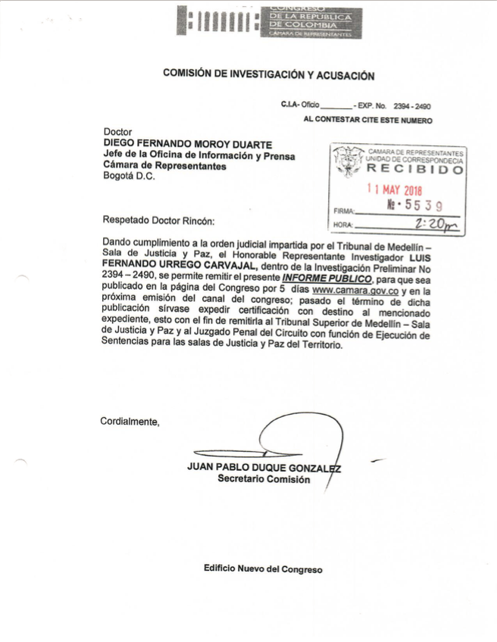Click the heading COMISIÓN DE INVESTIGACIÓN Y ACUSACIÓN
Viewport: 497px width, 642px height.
pyautogui.click(x=269, y=74)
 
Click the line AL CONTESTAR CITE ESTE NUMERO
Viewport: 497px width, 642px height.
pyautogui.click(x=367, y=120)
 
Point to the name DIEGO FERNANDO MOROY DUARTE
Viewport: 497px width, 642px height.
pyautogui.click(x=188, y=145)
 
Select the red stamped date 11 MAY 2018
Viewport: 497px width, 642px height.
pyautogui.click(x=395, y=192)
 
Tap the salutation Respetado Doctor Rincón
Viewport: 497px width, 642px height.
pyautogui.click(x=158, y=221)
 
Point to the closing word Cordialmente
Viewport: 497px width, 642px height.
pyautogui.click(x=130, y=422)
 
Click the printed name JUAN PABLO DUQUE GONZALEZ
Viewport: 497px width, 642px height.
pyautogui.click(x=264, y=467)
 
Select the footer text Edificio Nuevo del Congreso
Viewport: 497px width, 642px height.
pyautogui.click(x=263, y=569)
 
